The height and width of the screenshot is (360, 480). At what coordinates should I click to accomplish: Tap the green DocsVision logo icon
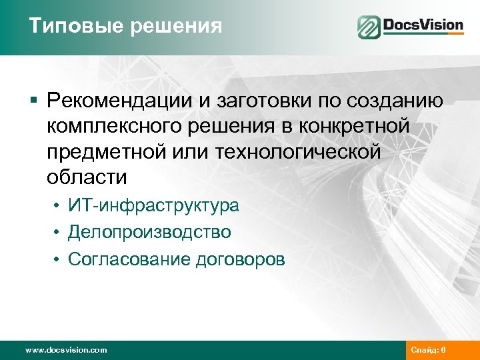click(368, 27)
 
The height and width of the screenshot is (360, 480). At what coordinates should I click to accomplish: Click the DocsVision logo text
click(423, 26)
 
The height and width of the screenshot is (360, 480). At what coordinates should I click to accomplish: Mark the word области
click(87, 177)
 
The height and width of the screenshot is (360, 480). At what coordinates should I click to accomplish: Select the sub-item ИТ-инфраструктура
click(153, 205)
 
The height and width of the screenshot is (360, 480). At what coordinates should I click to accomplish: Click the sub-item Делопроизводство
click(149, 232)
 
